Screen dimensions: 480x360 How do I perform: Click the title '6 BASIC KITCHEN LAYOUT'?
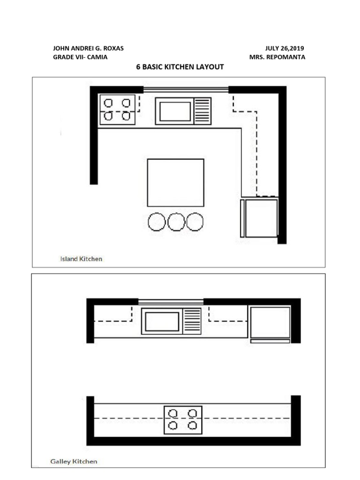coord(180,67)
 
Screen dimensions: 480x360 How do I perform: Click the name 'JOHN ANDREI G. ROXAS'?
coord(88,48)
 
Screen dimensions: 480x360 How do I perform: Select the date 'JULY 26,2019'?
coord(285,48)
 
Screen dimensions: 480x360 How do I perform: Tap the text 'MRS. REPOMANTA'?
coord(277,57)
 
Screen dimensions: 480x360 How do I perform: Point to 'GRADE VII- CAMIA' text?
coord(80,57)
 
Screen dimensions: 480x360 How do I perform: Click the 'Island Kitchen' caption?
coord(81,258)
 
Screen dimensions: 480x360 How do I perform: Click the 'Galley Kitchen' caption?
coord(74,461)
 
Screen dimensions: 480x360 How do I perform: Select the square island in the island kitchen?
coord(175,183)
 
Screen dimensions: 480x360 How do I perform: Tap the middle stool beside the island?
coord(176,222)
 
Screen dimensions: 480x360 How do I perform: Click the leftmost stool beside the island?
coord(157,222)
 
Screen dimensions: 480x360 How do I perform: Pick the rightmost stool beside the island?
coord(195,222)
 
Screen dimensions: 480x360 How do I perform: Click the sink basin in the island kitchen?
coord(175,111)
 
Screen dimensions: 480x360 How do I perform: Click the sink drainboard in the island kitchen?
coord(202,111)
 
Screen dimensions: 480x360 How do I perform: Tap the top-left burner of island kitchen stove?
coord(108,103)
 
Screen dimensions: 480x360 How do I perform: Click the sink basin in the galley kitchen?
coord(162,322)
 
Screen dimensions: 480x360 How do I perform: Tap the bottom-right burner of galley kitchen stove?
coord(192,426)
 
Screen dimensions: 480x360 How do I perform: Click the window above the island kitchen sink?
coord(186,89)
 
